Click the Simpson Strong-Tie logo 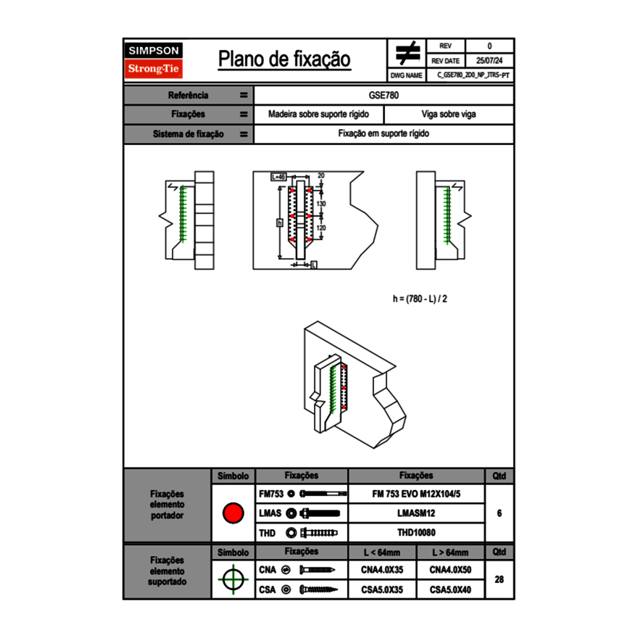click(154, 60)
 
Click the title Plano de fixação click(284, 59)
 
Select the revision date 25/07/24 click(489, 61)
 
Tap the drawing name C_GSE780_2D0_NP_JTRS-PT click(473, 75)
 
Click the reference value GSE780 click(384, 95)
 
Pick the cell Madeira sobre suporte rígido click(318, 115)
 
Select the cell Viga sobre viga click(448, 115)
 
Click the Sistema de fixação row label click(188, 134)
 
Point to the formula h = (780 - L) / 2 click(424, 298)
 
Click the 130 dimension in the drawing click(320, 204)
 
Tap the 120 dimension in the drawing click(320, 227)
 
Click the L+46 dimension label click(279, 176)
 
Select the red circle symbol click(233, 513)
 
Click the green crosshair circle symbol click(233, 579)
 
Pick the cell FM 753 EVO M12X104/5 click(415, 494)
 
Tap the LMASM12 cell click(415, 513)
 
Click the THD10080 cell click(415, 533)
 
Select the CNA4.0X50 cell click(450, 570)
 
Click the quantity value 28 click(500, 579)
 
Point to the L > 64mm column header click(450, 552)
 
